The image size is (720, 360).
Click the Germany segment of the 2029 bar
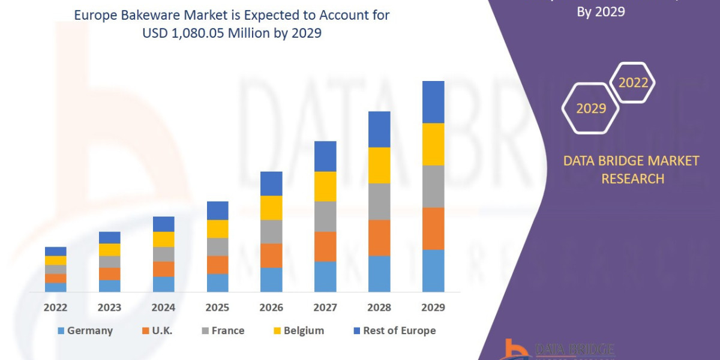click(x=433, y=271)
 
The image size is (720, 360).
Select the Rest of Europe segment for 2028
click(x=379, y=129)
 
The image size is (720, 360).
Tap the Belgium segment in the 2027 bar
click(x=325, y=186)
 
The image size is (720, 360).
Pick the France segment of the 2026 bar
click(x=271, y=232)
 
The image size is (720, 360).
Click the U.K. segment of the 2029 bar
click(x=433, y=229)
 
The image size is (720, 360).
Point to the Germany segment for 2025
click(x=217, y=283)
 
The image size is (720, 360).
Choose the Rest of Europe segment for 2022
click(x=55, y=251)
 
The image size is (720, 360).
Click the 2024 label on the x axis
click(x=163, y=308)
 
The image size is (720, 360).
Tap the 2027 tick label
click(x=325, y=308)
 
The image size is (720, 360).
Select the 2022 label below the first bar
click(x=55, y=308)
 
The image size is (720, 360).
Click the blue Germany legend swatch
click(x=61, y=331)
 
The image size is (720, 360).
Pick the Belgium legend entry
click(x=304, y=331)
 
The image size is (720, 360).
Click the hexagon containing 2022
click(x=633, y=83)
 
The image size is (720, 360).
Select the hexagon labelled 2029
click(x=590, y=109)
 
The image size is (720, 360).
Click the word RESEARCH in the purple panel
click(x=632, y=179)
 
